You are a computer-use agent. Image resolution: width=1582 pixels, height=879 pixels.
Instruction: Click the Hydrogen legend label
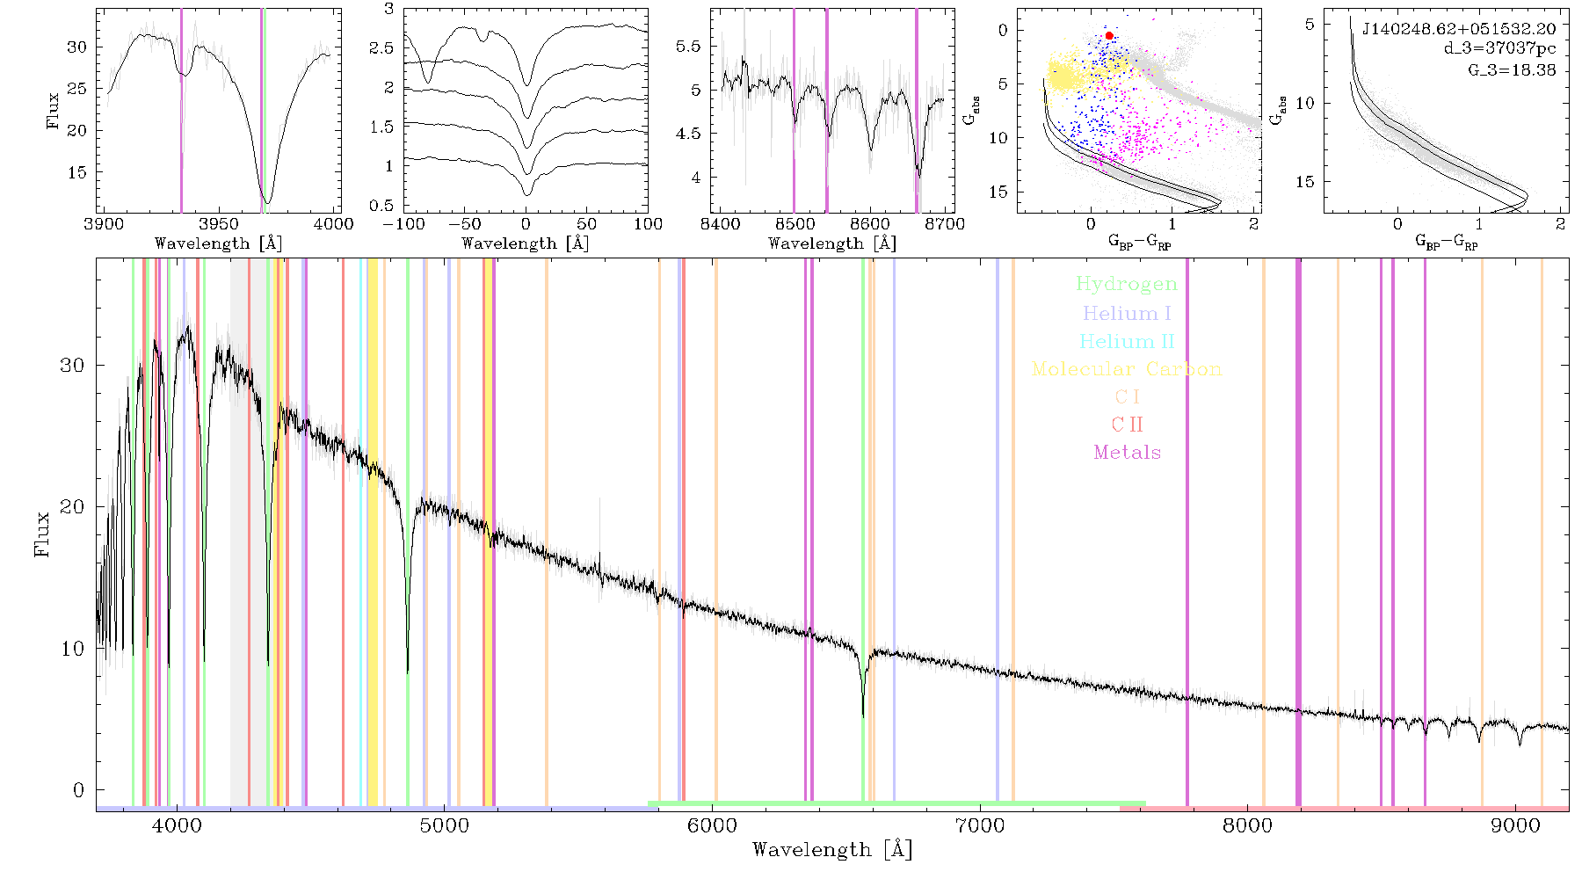click(x=1126, y=284)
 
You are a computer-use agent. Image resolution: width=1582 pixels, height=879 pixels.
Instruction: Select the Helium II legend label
click(x=1126, y=341)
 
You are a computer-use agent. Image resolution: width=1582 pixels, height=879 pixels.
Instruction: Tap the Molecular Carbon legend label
click(x=1127, y=369)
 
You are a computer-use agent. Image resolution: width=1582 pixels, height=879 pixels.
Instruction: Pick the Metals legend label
click(x=1127, y=453)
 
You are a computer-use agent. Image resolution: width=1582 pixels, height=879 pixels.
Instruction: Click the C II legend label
click(x=1127, y=425)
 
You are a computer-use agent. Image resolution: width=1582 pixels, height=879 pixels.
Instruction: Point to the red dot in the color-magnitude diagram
click(x=1109, y=36)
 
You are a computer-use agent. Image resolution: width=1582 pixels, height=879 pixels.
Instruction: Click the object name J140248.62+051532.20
click(x=1459, y=29)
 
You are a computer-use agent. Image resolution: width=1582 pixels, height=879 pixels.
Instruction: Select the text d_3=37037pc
click(x=1499, y=49)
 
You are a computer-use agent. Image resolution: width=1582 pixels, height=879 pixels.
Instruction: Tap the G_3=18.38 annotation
click(x=1512, y=69)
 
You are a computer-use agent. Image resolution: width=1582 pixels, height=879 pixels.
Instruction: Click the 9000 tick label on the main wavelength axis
click(x=1515, y=825)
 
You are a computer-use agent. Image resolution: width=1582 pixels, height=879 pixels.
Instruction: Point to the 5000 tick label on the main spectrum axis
click(x=445, y=825)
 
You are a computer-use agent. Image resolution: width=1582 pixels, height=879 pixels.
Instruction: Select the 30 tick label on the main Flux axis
click(x=72, y=365)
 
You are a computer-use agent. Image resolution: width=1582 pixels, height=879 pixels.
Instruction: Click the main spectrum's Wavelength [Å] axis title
click(x=832, y=850)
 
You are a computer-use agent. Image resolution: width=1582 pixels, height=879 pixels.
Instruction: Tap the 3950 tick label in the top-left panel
click(x=219, y=224)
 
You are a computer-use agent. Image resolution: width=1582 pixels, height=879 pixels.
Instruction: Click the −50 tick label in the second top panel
click(x=465, y=224)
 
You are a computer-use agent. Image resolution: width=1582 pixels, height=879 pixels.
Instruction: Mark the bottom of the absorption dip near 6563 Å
click(x=863, y=717)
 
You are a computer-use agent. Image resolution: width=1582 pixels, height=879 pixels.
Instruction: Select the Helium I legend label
click(x=1127, y=313)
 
